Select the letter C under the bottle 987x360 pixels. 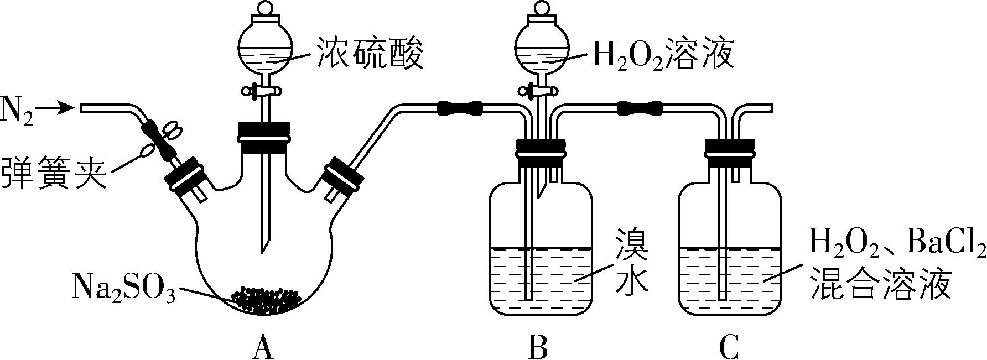tap(729, 347)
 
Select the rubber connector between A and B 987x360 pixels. tap(460, 108)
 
